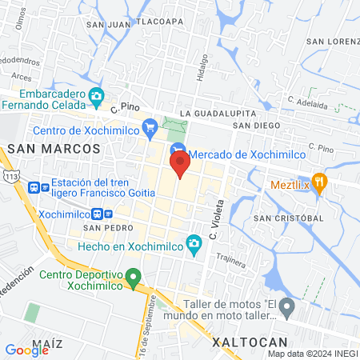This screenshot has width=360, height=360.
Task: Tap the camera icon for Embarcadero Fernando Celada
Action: [96, 98]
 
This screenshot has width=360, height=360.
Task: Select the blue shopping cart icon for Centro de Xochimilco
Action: [149, 126]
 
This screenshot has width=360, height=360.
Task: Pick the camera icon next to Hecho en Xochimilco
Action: [193, 243]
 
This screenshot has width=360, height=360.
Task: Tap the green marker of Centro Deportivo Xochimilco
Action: [134, 278]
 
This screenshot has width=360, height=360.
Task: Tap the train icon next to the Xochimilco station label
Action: [98, 214]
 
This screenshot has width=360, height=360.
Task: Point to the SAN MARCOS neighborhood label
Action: [54, 149]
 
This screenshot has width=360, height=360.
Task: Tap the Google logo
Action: [27, 349]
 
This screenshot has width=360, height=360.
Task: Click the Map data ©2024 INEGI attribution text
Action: [312, 354]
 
